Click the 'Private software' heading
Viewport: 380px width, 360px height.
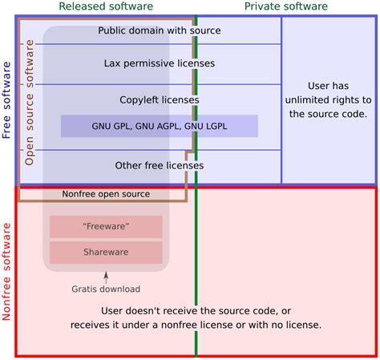[286, 6]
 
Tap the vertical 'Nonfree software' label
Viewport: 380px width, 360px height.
[7, 272]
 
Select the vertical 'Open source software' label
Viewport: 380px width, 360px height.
[30, 111]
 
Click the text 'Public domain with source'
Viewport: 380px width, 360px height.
[160, 30]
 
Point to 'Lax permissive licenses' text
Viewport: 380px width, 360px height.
[160, 63]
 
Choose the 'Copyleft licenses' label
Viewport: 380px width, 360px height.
[160, 100]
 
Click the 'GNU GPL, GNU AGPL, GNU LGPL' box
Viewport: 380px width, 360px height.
[160, 126]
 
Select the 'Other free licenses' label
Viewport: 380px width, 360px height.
[160, 165]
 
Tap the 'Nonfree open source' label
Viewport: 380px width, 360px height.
[107, 194]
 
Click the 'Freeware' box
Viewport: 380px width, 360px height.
[106, 227]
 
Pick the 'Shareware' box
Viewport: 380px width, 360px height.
[106, 253]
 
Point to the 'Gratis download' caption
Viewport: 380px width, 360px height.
[106, 289]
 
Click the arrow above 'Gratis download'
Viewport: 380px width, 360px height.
[106, 277]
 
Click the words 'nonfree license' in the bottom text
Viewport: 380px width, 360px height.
[228, 325]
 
